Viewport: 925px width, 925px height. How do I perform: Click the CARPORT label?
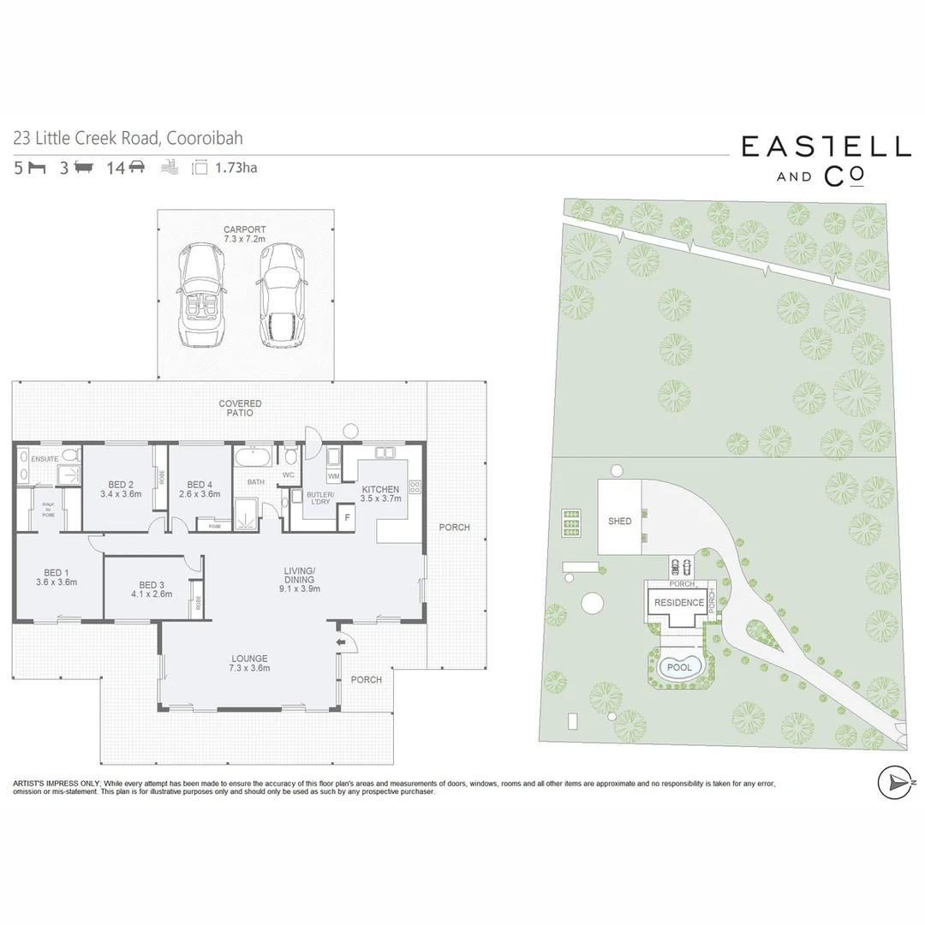click(x=244, y=230)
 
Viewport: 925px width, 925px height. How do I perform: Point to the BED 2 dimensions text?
click(x=121, y=494)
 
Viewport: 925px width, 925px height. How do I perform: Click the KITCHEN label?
click(x=380, y=489)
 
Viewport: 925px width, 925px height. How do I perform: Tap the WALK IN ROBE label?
click(x=48, y=510)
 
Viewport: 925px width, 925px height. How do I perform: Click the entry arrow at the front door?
click(x=341, y=641)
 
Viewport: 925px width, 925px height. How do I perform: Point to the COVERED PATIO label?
click(x=240, y=409)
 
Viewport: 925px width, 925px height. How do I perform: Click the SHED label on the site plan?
click(x=619, y=521)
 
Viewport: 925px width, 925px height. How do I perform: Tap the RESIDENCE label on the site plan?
click(x=679, y=602)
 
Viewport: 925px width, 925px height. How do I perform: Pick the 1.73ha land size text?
click(x=236, y=168)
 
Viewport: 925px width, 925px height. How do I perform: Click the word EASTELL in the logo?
click(x=826, y=147)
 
